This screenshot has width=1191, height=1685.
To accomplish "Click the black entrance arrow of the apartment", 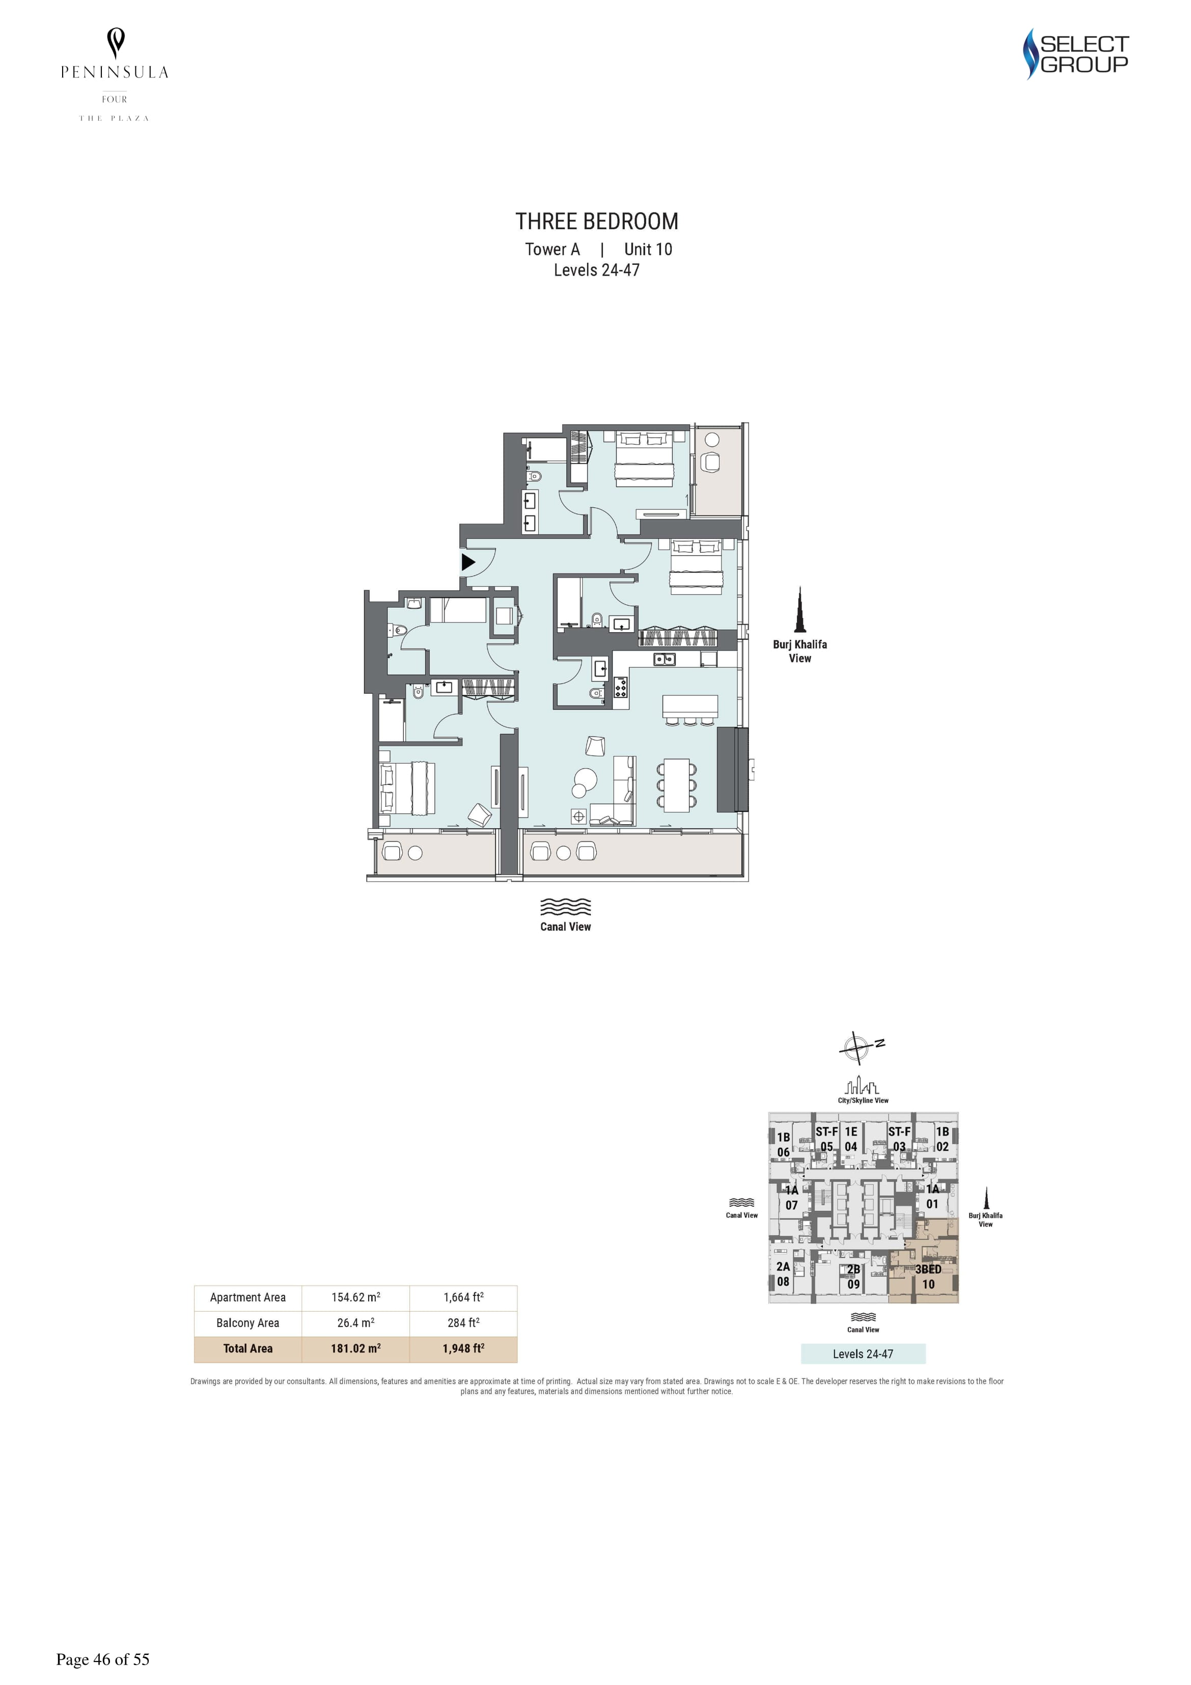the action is pos(467,563).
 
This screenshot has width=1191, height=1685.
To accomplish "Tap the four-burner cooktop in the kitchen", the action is pos(621,688).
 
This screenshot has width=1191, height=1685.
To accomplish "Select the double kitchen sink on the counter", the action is pos(666,659).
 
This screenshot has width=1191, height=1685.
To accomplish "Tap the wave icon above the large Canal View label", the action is pos(566,907).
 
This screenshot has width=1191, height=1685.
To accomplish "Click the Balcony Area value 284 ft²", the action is pos(464,1322).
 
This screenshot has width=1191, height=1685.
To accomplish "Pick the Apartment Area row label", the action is pos(248,1297).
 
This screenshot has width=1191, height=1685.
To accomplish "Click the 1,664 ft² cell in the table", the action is pos(464,1297).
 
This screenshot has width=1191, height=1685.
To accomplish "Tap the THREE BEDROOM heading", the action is pos(597,221).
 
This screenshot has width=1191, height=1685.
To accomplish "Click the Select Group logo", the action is pos(1076,53).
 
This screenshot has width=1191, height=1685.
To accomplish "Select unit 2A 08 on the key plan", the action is pos(783,1274).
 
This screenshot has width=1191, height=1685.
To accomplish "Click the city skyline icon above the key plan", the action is pos(863,1085).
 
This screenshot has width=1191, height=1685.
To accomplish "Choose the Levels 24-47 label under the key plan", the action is pos(863,1354).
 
